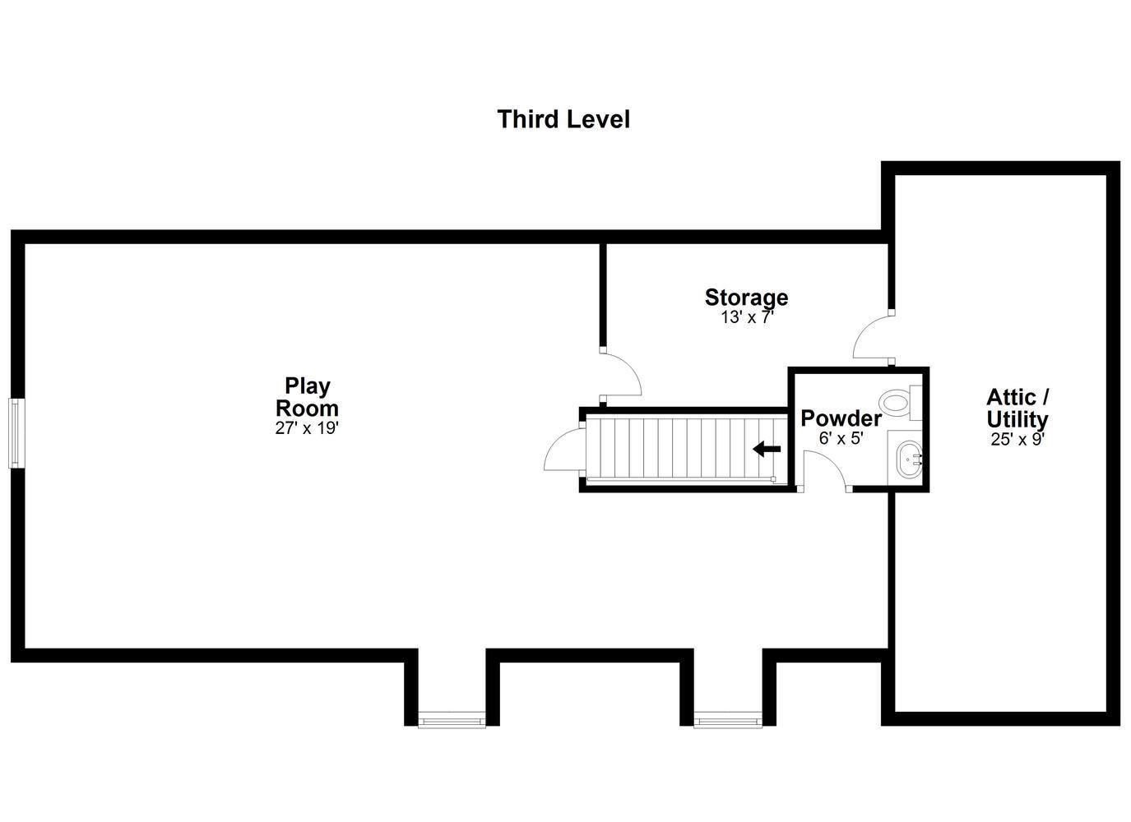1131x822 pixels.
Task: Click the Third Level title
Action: tap(563, 119)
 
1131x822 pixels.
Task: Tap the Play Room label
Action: tap(307, 397)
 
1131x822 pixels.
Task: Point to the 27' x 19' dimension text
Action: tap(307, 428)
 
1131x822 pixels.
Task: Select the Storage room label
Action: tap(746, 298)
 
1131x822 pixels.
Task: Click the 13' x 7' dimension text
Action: tap(747, 317)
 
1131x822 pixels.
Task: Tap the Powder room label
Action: tap(841, 418)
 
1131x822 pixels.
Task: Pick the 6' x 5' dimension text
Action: tap(841, 438)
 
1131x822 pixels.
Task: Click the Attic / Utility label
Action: tap(1017, 409)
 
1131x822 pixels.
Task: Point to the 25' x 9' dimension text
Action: tap(1017, 439)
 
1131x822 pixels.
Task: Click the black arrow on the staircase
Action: tap(767, 449)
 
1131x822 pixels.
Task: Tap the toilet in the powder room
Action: tap(900, 403)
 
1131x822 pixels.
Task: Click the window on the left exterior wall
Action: tap(16, 433)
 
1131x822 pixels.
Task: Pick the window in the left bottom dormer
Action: tap(452, 719)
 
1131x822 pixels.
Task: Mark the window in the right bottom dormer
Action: tap(728, 719)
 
